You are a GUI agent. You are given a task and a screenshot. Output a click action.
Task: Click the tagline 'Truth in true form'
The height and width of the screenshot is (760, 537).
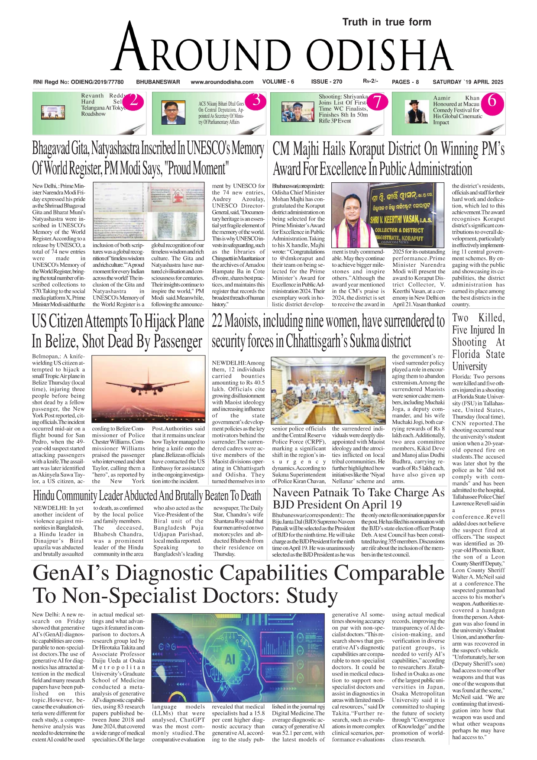click(x=386, y=22)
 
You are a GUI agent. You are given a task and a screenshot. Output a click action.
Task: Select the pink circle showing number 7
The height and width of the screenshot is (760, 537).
click(x=377, y=101)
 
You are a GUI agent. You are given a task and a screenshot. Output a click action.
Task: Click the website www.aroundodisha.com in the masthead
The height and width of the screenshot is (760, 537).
click(x=222, y=82)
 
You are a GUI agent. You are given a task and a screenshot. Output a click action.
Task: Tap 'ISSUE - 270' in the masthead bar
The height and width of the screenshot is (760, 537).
click(x=327, y=81)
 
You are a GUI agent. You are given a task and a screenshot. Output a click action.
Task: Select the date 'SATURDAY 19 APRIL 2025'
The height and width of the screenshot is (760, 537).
click(x=468, y=82)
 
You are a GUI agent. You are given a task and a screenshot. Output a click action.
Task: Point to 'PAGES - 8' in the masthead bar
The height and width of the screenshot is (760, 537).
click(x=405, y=82)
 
